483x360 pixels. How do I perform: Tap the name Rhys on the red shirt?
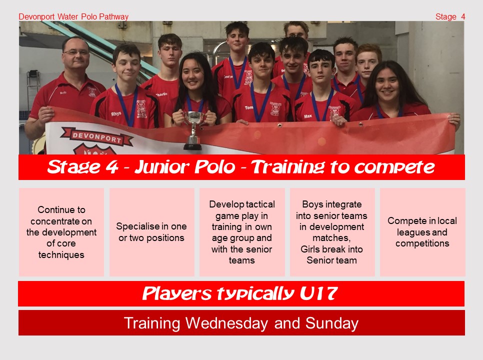[116, 113]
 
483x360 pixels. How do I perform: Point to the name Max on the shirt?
[307, 116]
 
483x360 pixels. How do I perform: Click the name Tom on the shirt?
[249, 107]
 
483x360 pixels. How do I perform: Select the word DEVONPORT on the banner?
[96, 137]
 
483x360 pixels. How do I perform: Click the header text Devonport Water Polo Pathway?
[73, 16]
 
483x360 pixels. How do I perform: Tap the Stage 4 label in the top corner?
[450, 16]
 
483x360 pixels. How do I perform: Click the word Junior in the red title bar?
[161, 167]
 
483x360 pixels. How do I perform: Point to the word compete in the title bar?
[394, 167]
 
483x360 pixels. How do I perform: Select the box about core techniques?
[61, 232]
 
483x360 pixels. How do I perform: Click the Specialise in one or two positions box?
[151, 232]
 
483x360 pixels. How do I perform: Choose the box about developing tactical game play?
[242, 232]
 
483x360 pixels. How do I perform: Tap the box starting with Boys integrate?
[332, 232]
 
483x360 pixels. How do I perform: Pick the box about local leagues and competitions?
[422, 232]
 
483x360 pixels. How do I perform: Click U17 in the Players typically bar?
[319, 293]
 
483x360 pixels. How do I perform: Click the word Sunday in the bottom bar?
[332, 323]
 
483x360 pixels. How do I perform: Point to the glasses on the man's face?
[75, 52]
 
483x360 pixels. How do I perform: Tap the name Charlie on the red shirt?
[161, 94]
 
